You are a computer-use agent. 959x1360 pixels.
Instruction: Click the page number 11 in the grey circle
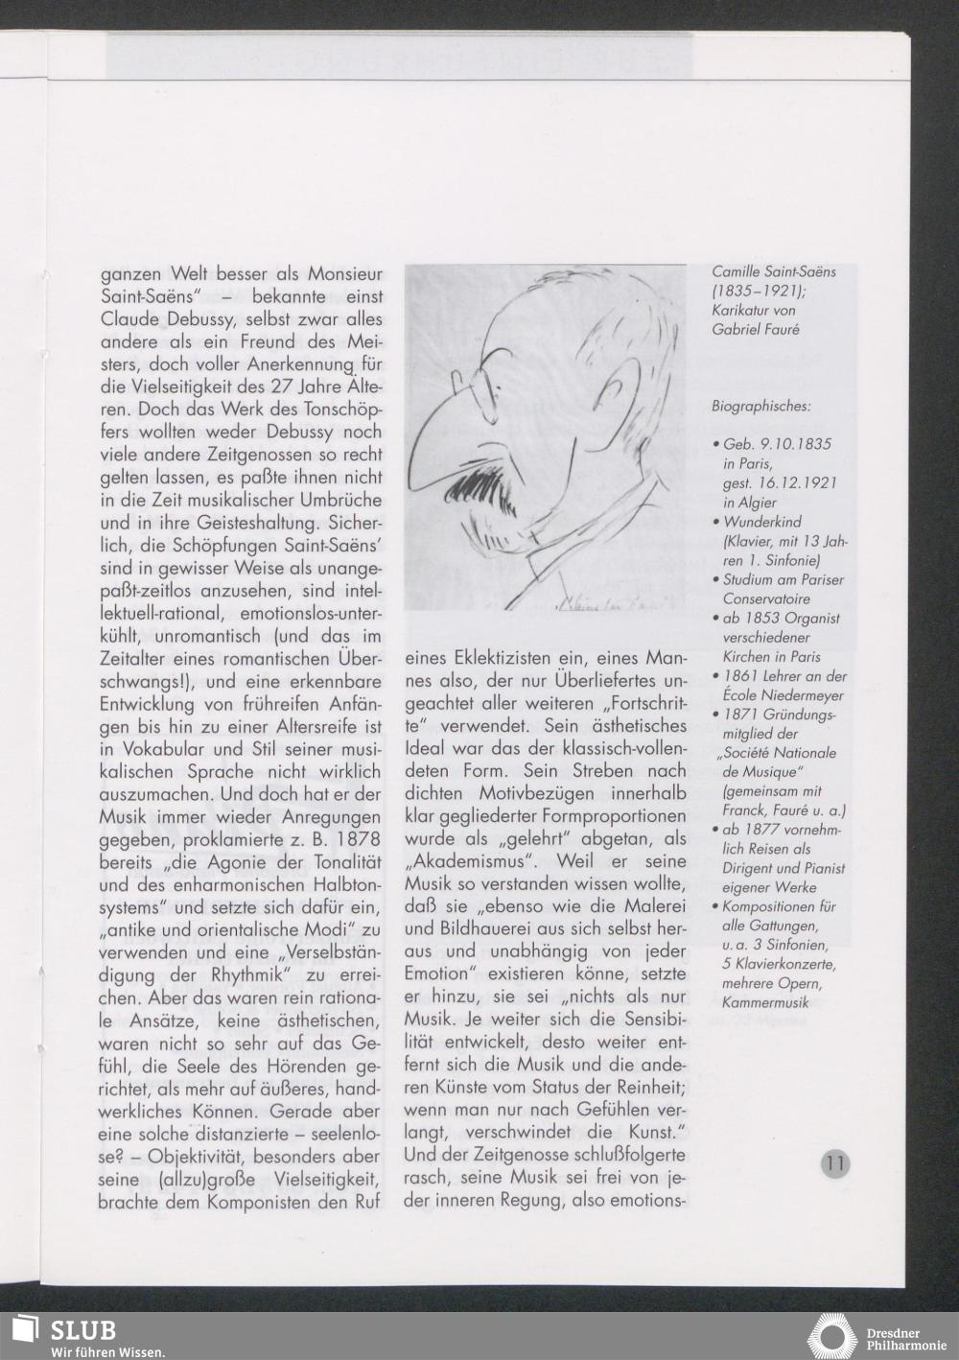[x=834, y=1164]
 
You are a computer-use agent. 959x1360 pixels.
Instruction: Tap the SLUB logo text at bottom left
[x=82, y=1330]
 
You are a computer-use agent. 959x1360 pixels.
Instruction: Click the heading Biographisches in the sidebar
[x=760, y=407]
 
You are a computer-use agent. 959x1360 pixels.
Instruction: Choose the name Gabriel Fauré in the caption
[x=755, y=330]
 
